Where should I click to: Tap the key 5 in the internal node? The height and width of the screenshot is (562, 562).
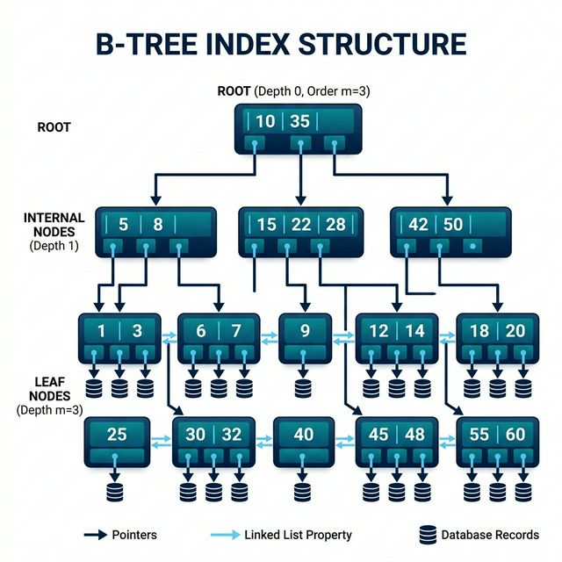[x=123, y=224]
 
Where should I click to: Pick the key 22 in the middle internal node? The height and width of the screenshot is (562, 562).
[x=300, y=224]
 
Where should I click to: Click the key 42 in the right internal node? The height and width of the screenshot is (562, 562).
[x=419, y=224]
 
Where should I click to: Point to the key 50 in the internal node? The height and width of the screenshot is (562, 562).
[x=452, y=224]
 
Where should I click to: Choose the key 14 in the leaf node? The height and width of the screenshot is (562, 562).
[x=415, y=331]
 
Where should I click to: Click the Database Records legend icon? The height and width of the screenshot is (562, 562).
[x=428, y=534]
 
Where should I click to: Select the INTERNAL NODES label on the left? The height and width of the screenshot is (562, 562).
[x=54, y=225]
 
